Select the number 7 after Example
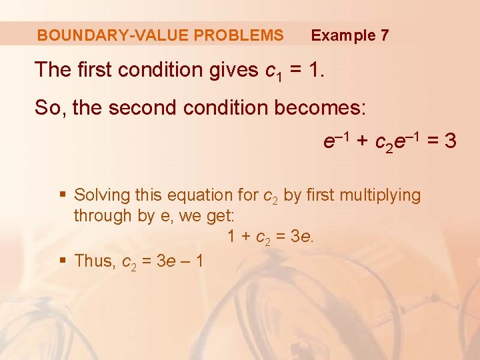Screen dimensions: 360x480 pyautogui.click(x=384, y=35)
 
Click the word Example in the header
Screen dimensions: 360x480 pyautogui.click(x=343, y=35)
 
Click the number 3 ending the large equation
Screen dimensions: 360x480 pyautogui.click(x=450, y=141)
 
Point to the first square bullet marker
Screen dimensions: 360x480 pyautogui.click(x=63, y=195)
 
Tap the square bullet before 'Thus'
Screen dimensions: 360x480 pyautogui.click(x=63, y=261)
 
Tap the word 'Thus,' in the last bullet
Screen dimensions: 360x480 pyautogui.click(x=95, y=261)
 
